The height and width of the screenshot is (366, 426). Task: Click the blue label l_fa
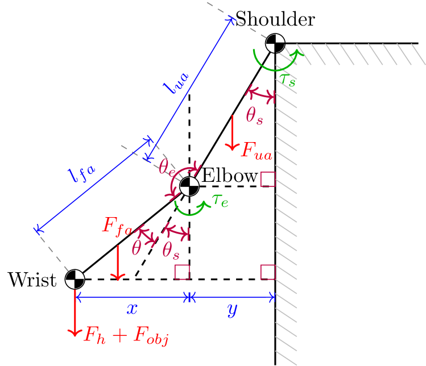82,172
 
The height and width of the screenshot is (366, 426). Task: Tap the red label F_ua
257,151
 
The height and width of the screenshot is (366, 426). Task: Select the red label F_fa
117,226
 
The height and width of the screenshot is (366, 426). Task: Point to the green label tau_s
287,79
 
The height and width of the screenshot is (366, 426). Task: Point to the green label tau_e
220,200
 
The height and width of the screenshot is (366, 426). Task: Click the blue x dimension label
132,309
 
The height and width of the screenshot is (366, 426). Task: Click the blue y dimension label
232,309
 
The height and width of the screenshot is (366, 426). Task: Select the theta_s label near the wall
254,116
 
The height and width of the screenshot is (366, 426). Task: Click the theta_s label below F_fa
171,249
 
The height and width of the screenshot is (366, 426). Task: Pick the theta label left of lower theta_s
136,248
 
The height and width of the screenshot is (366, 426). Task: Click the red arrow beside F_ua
232,133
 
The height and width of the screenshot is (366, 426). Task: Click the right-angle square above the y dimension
268,272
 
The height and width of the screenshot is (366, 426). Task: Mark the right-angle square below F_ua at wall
268,179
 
